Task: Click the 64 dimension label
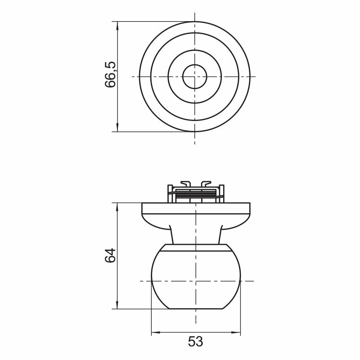pyautogui.click(x=110, y=256)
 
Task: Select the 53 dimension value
pyautogui.click(x=196, y=342)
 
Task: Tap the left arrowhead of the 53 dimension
pyautogui.click(x=156, y=332)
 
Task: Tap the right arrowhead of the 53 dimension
pyautogui.click(x=236, y=332)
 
